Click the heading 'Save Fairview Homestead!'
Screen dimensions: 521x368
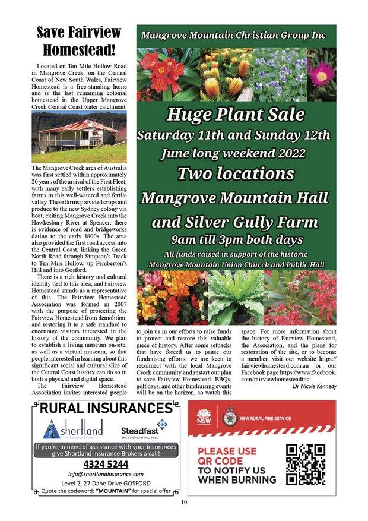pyautogui.click(x=79, y=40)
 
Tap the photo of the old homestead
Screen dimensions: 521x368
pyautogui.click(x=79, y=137)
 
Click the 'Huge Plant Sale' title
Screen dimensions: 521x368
pyautogui.click(x=236, y=114)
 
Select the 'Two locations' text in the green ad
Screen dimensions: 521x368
pyautogui.click(x=236, y=173)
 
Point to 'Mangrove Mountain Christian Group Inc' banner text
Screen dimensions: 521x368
pyautogui.click(x=233, y=36)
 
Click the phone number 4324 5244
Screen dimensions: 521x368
pyautogui.click(x=105, y=463)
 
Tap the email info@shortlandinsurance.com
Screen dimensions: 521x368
pyautogui.click(x=105, y=474)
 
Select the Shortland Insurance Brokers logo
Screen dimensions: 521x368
pyautogui.click(x=74, y=428)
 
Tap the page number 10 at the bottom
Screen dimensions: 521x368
pyautogui.click(x=184, y=503)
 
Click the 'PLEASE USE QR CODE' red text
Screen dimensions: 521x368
pyautogui.click(x=229, y=456)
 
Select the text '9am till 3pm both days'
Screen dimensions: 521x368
pyautogui.click(x=236, y=240)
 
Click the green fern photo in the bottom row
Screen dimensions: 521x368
pyautogui.click(x=236, y=298)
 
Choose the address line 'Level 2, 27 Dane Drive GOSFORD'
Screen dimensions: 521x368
pyautogui.click(x=105, y=483)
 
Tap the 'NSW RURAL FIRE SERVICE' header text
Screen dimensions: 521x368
pyautogui.click(x=265, y=418)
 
